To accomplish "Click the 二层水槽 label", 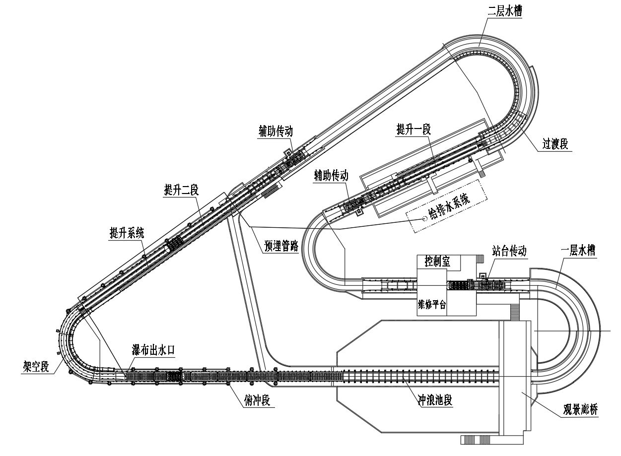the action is point(505,11).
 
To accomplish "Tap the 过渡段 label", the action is point(555,144).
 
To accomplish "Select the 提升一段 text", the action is point(414,130).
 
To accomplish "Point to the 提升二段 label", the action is point(181,191).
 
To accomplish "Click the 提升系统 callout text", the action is point(127,233).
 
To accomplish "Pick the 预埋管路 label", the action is point(281,246).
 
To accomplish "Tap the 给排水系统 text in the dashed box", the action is point(450,206).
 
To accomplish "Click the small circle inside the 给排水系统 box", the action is point(424,219).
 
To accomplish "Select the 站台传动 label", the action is point(509,251).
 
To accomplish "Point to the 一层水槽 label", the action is point(578,251).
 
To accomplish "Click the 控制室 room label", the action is point(437,261).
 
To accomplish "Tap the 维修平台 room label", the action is point(432,305).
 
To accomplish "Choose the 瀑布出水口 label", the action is point(153,350).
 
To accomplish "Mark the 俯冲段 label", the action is point(257,400).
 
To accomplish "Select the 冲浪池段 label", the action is point(435,400).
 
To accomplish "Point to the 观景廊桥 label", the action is point(580,409).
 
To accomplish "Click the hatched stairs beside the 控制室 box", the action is point(481,259).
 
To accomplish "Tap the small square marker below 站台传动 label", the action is point(483,277).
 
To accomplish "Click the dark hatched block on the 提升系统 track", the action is point(174,244).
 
